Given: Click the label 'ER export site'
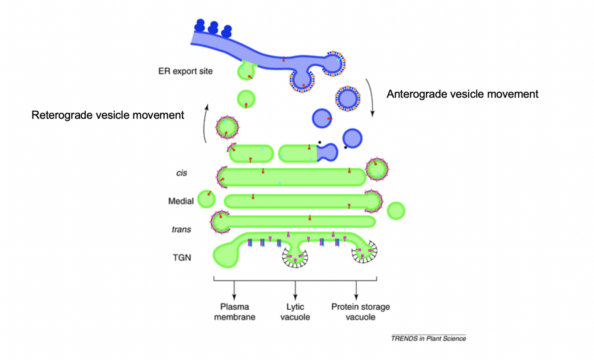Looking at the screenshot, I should pos(185,71).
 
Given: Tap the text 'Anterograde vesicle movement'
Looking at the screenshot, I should pos(462,94).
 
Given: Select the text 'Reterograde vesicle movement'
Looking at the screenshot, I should pos(107,115).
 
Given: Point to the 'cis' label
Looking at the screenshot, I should pos(181,173).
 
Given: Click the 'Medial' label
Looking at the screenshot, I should pos(181,201).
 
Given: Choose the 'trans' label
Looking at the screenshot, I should pos(181,230).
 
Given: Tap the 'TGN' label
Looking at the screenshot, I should pos(182,257).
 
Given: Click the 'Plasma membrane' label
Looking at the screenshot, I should pos(234,312).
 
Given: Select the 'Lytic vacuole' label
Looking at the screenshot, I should pos(295,312).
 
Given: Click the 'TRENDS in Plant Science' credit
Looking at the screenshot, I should pos(428,339).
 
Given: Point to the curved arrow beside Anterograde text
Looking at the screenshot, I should pos(370,98).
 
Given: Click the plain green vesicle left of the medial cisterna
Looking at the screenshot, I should pos(206,199).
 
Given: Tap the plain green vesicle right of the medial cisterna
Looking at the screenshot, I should pos(396,210).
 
